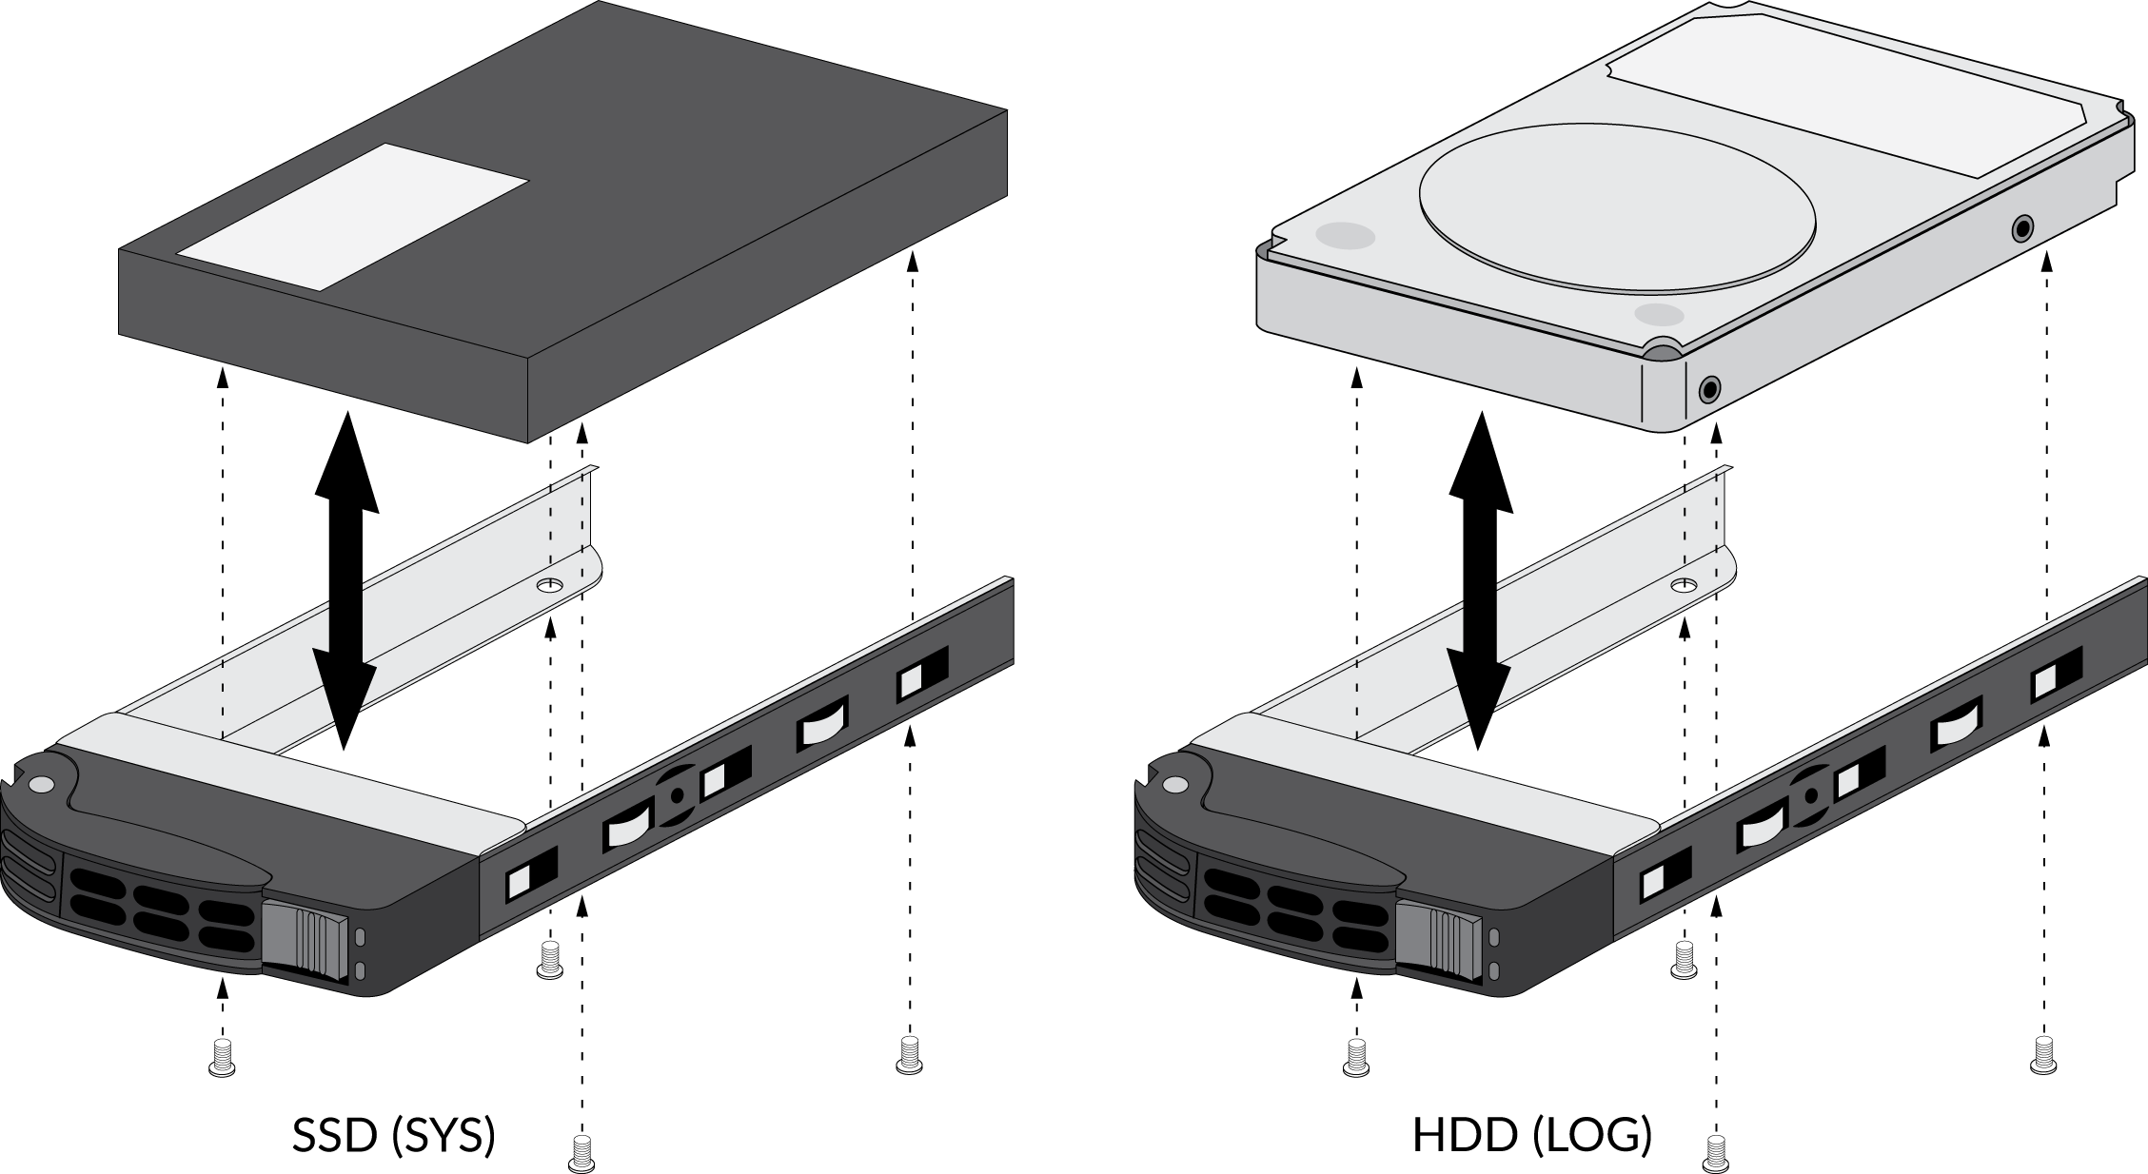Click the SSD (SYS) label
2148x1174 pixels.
coord(393,1135)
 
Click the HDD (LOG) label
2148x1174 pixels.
coord(1531,1135)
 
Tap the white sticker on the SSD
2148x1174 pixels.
coord(353,217)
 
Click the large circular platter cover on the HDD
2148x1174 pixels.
coord(1617,206)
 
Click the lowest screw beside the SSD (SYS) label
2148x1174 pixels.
coord(581,1152)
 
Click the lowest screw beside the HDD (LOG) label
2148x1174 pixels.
coord(1716,1152)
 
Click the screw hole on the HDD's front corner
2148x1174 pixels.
coord(1710,389)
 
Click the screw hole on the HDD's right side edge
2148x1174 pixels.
coord(2022,228)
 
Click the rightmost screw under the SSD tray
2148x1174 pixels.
coord(910,1056)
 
